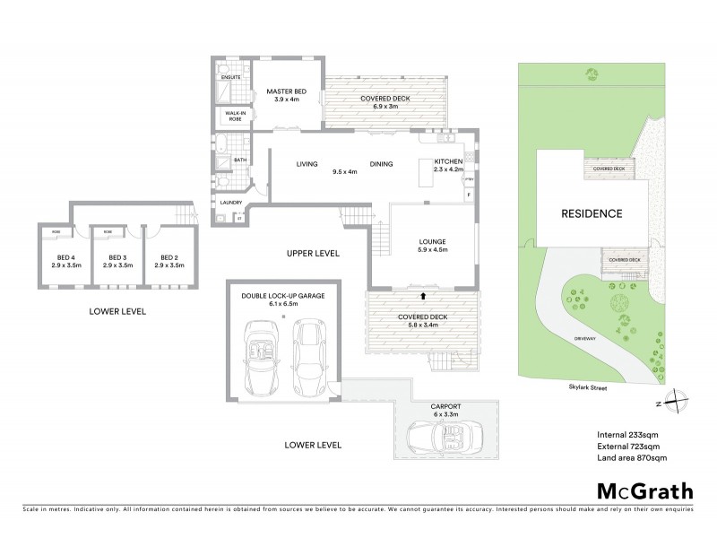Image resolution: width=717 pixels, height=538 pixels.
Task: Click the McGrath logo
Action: point(645,490)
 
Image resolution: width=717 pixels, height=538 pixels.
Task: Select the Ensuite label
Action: point(230,78)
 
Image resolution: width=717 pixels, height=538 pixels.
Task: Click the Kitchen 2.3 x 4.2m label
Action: point(448,164)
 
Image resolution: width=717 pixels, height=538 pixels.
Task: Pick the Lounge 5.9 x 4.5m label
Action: point(433,247)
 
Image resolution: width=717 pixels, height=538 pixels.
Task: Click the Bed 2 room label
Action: point(168,262)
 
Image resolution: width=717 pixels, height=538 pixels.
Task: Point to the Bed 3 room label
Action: point(117,262)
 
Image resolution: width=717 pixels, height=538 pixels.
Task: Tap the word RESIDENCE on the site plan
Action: point(592,214)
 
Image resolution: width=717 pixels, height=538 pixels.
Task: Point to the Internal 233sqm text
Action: point(628,434)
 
